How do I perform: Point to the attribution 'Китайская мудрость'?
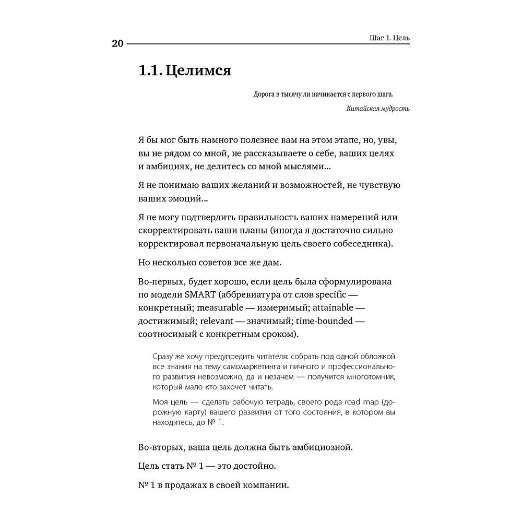[x=378, y=109]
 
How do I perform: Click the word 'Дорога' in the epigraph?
[x=265, y=94]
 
